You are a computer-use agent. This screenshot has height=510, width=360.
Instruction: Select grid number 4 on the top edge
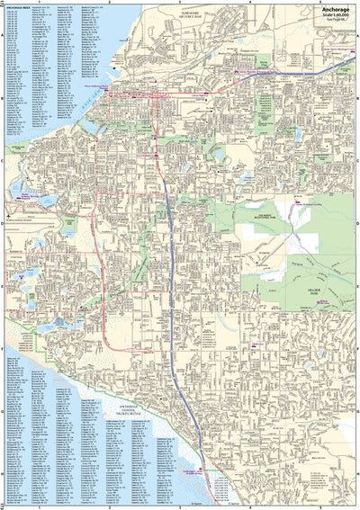click(x=247, y=3)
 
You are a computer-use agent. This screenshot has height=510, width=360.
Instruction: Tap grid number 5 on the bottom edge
click(x=319, y=507)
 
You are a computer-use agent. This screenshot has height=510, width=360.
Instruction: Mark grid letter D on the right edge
click(x=357, y=226)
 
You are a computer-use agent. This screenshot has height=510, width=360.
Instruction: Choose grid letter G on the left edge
click(x=3, y=413)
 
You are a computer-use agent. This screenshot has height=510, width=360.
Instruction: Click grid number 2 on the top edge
click(x=108, y=3)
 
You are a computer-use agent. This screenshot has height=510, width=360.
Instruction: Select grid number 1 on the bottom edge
click(x=39, y=507)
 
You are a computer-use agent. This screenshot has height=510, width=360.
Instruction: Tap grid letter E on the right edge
click(x=357, y=288)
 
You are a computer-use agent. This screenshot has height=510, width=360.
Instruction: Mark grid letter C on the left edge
click(x=3, y=163)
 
